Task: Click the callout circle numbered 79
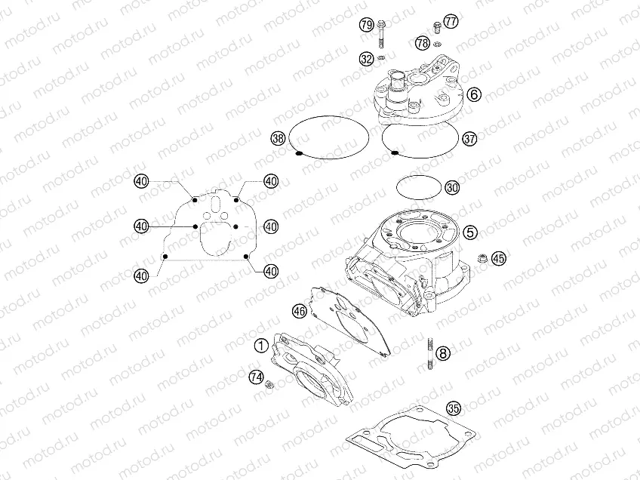(x=367, y=25)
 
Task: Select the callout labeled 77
(x=451, y=21)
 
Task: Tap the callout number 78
(x=423, y=43)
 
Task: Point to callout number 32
(x=367, y=59)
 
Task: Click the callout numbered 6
(x=474, y=94)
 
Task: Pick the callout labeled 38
(x=278, y=138)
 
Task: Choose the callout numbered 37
(x=469, y=139)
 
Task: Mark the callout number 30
(x=452, y=188)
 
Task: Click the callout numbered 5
(x=470, y=232)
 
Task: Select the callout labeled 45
(x=498, y=258)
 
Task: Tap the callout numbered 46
(x=300, y=312)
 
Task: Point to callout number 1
(x=261, y=346)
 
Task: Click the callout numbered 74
(x=257, y=377)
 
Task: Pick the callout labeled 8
(x=444, y=353)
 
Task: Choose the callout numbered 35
(x=454, y=408)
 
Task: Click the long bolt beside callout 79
(x=382, y=34)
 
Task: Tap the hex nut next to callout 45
(x=483, y=258)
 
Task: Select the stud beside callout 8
(x=429, y=353)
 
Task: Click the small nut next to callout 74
(x=269, y=383)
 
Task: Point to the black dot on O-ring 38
(x=298, y=153)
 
